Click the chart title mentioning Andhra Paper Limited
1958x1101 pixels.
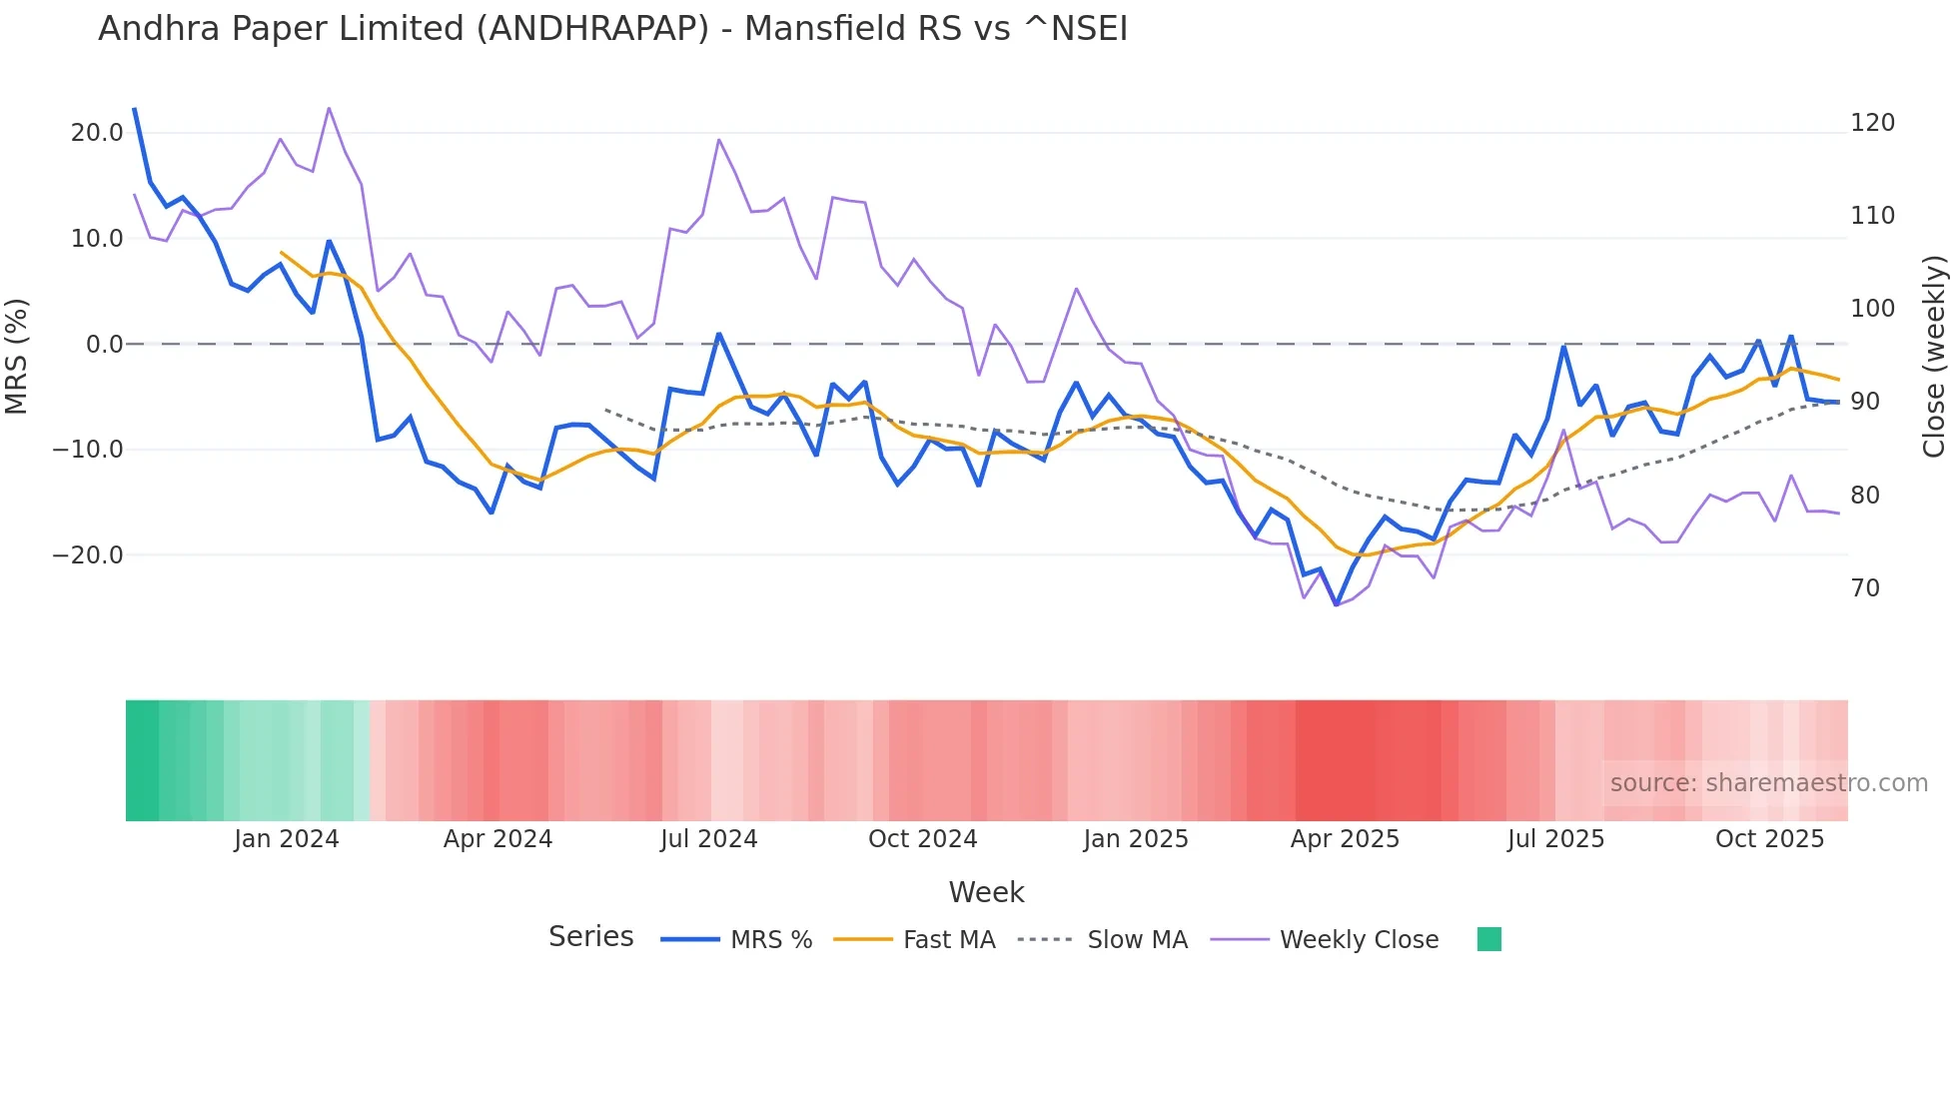(612, 29)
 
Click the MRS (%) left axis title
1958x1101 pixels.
(17, 356)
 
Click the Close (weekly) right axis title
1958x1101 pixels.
(1934, 356)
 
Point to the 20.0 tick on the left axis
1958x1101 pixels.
(96, 133)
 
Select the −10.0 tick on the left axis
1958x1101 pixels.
(88, 450)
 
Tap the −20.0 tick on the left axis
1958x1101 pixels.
(88, 555)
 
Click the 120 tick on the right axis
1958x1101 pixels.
(1872, 123)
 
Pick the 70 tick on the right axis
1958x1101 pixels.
(1865, 588)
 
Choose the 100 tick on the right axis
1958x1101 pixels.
(1872, 309)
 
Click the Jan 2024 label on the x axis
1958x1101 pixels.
(287, 839)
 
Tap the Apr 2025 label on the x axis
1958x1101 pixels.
(1345, 839)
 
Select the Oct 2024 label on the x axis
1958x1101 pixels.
(922, 839)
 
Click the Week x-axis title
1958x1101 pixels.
(986, 892)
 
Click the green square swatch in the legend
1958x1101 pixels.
(1488, 939)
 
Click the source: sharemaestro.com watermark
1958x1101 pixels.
(1768, 783)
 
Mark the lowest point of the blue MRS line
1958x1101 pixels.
(1337, 604)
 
